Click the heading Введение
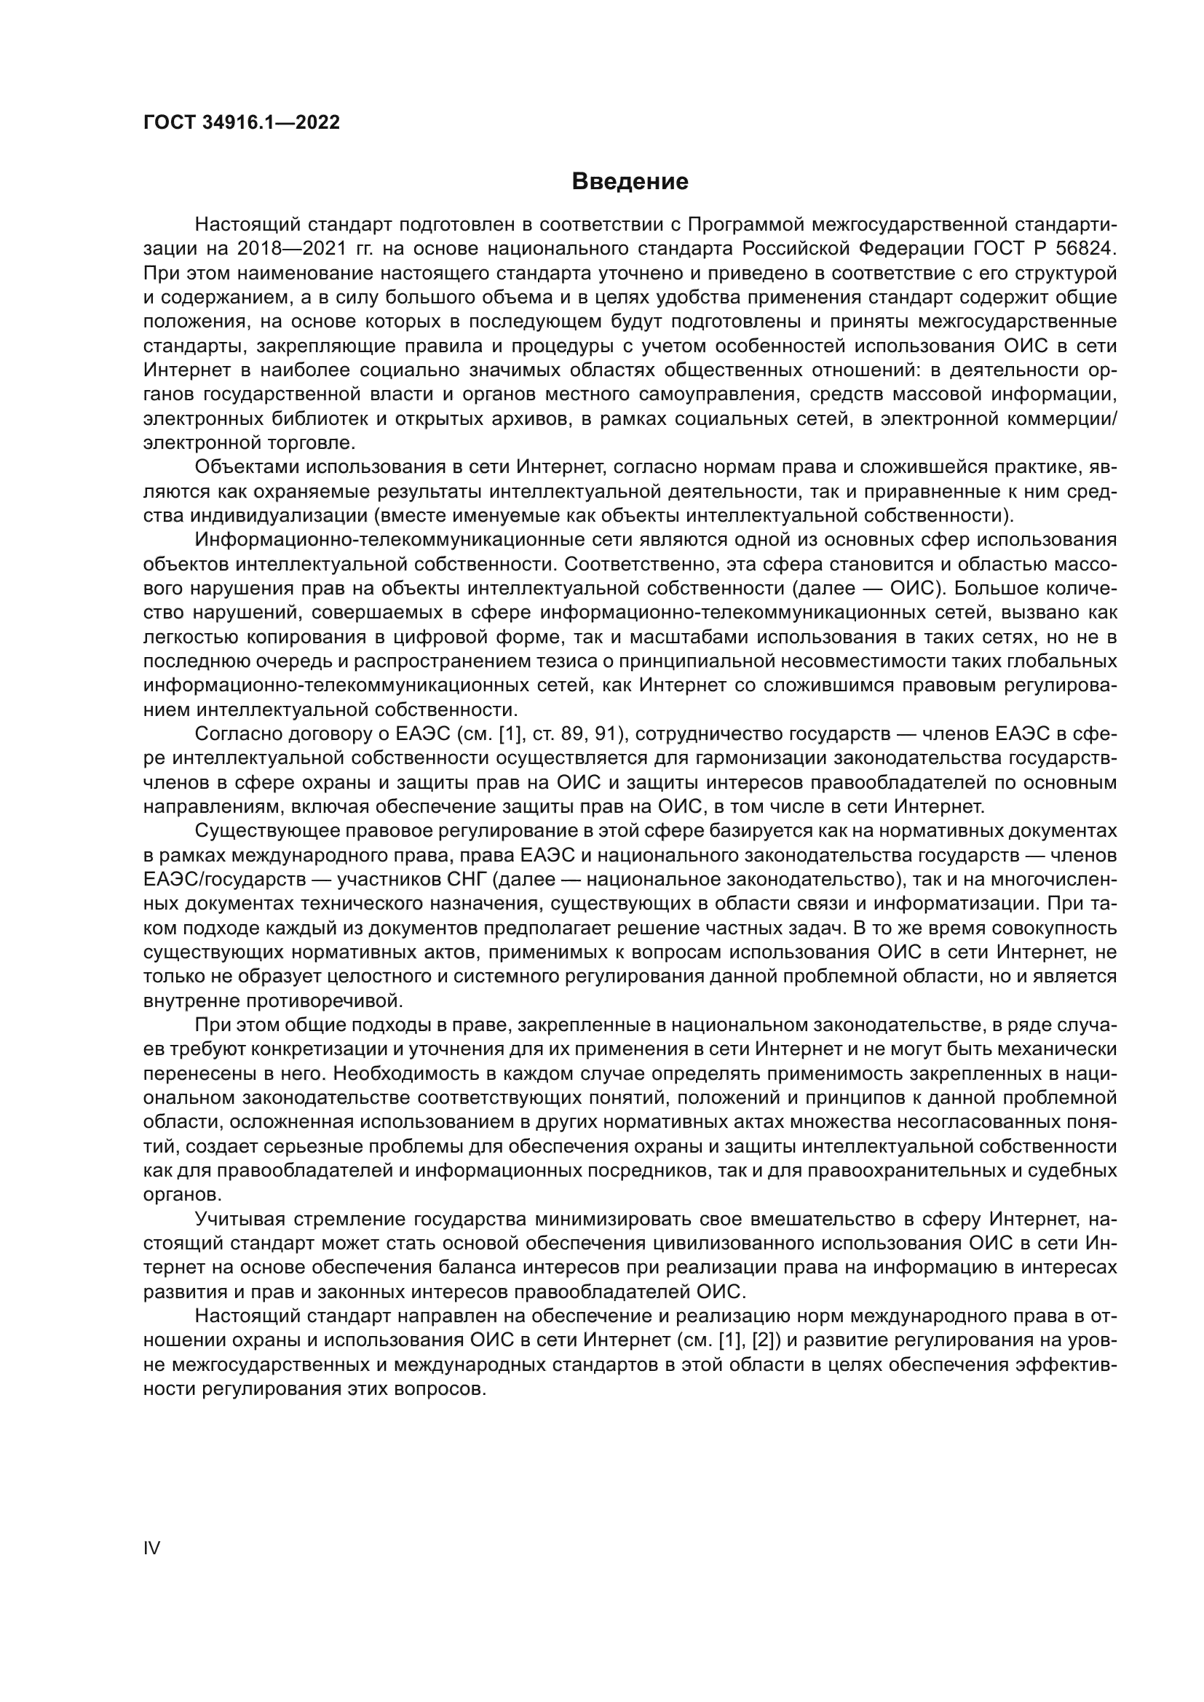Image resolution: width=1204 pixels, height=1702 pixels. [630, 182]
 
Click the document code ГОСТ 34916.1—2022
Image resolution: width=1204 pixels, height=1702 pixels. [242, 123]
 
